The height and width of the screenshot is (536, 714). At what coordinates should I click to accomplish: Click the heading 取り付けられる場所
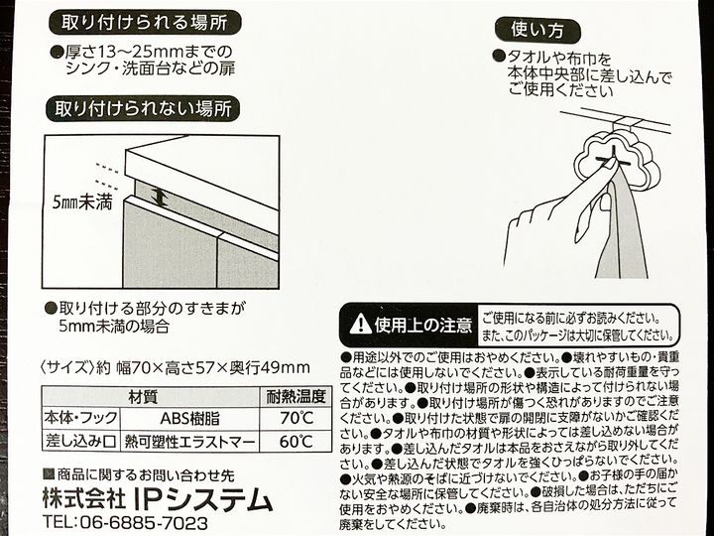point(145,23)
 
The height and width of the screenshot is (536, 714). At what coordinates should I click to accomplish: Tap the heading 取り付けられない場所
point(143,109)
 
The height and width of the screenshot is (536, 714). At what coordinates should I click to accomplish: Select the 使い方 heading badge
point(537,30)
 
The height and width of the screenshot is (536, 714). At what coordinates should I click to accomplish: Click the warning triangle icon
point(360,324)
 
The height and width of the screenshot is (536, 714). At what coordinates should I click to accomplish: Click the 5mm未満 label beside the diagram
point(82,202)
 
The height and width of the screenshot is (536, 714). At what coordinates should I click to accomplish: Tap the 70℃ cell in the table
point(297,418)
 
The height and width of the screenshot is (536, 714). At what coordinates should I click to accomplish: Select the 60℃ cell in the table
point(297,441)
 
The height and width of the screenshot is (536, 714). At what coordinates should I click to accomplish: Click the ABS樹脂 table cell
point(189,418)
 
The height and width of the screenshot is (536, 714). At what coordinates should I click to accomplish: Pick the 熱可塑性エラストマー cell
point(189,441)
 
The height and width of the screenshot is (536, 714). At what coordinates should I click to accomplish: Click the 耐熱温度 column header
point(296,396)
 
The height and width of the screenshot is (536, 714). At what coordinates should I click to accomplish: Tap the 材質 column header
point(143,396)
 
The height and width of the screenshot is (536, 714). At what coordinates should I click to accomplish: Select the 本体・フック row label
point(81,418)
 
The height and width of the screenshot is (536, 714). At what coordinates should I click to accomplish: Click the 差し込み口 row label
point(81,441)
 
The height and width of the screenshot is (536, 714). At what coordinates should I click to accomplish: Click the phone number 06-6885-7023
point(145,522)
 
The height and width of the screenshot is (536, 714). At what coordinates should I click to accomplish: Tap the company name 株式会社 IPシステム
point(158,499)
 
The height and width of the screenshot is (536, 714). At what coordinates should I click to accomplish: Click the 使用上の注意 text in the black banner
point(422,325)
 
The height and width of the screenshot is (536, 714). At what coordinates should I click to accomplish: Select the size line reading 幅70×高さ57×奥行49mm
point(213,367)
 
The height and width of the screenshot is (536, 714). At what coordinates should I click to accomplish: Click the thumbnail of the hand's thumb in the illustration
point(607,201)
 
